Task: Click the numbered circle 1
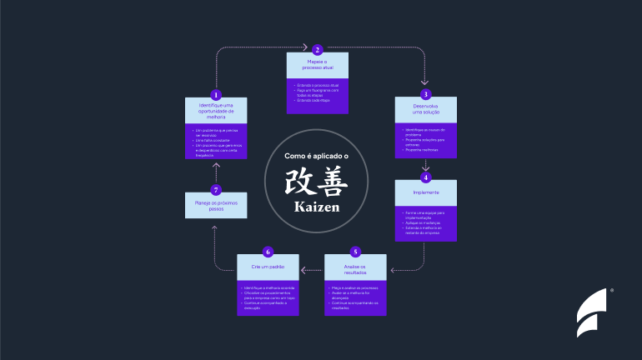216,95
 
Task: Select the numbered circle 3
425,94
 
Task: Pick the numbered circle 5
355,252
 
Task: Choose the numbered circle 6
268,252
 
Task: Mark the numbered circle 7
216,190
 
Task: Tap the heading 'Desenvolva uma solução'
425,112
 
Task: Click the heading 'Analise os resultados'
355,268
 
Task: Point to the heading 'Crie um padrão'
268,267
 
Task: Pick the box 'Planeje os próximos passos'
216,206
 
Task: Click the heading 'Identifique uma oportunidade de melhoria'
216,112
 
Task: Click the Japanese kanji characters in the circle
317,180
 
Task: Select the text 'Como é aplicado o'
317,156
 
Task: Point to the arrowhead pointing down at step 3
425,82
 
